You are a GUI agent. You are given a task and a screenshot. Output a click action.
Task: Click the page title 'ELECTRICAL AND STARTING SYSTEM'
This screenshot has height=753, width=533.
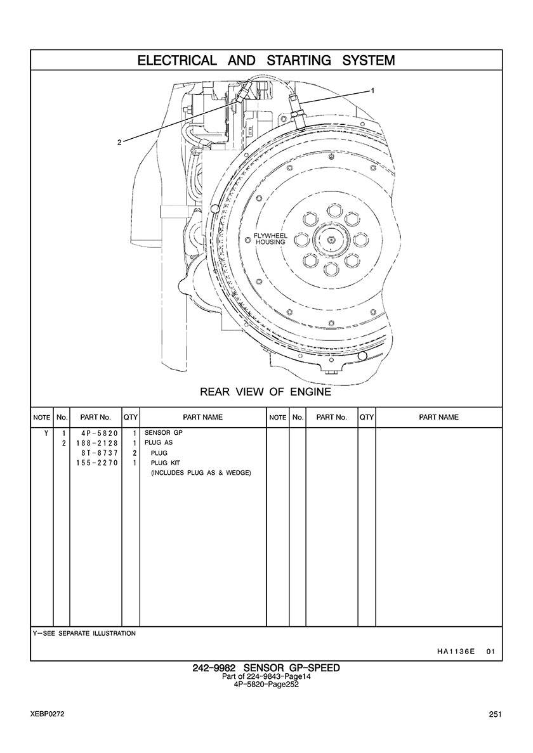coord(266,61)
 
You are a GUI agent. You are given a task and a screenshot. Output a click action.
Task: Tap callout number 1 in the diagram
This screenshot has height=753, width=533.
coord(372,91)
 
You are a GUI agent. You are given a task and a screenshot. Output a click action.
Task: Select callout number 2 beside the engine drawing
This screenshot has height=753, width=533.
coord(119,142)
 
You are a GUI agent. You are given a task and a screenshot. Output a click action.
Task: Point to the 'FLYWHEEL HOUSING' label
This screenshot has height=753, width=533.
coord(270,238)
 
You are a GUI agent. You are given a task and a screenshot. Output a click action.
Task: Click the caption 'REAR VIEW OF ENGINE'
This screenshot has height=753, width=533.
coord(265,392)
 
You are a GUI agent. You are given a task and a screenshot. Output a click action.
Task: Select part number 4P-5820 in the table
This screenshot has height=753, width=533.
coord(96,433)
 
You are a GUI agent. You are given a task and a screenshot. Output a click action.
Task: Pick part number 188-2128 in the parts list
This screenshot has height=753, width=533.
coord(95,443)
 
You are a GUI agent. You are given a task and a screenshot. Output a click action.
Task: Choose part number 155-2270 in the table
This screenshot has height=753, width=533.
coord(95,463)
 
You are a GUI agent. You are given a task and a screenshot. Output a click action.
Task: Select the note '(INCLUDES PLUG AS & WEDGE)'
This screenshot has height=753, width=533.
coord(201,473)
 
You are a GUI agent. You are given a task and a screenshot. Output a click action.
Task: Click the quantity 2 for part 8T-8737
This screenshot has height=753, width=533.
coord(135,453)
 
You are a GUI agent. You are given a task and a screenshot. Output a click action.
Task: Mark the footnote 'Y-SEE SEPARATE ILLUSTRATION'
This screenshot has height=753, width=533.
coord(84,633)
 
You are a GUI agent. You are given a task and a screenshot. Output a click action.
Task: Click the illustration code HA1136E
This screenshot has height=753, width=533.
coord(456,651)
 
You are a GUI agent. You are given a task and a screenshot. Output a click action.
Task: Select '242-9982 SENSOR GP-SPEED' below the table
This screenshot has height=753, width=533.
coord(266,668)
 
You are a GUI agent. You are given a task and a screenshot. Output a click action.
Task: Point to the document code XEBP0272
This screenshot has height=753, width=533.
coord(46,714)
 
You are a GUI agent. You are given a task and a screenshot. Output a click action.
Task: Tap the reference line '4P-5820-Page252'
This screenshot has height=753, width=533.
coord(266,684)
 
